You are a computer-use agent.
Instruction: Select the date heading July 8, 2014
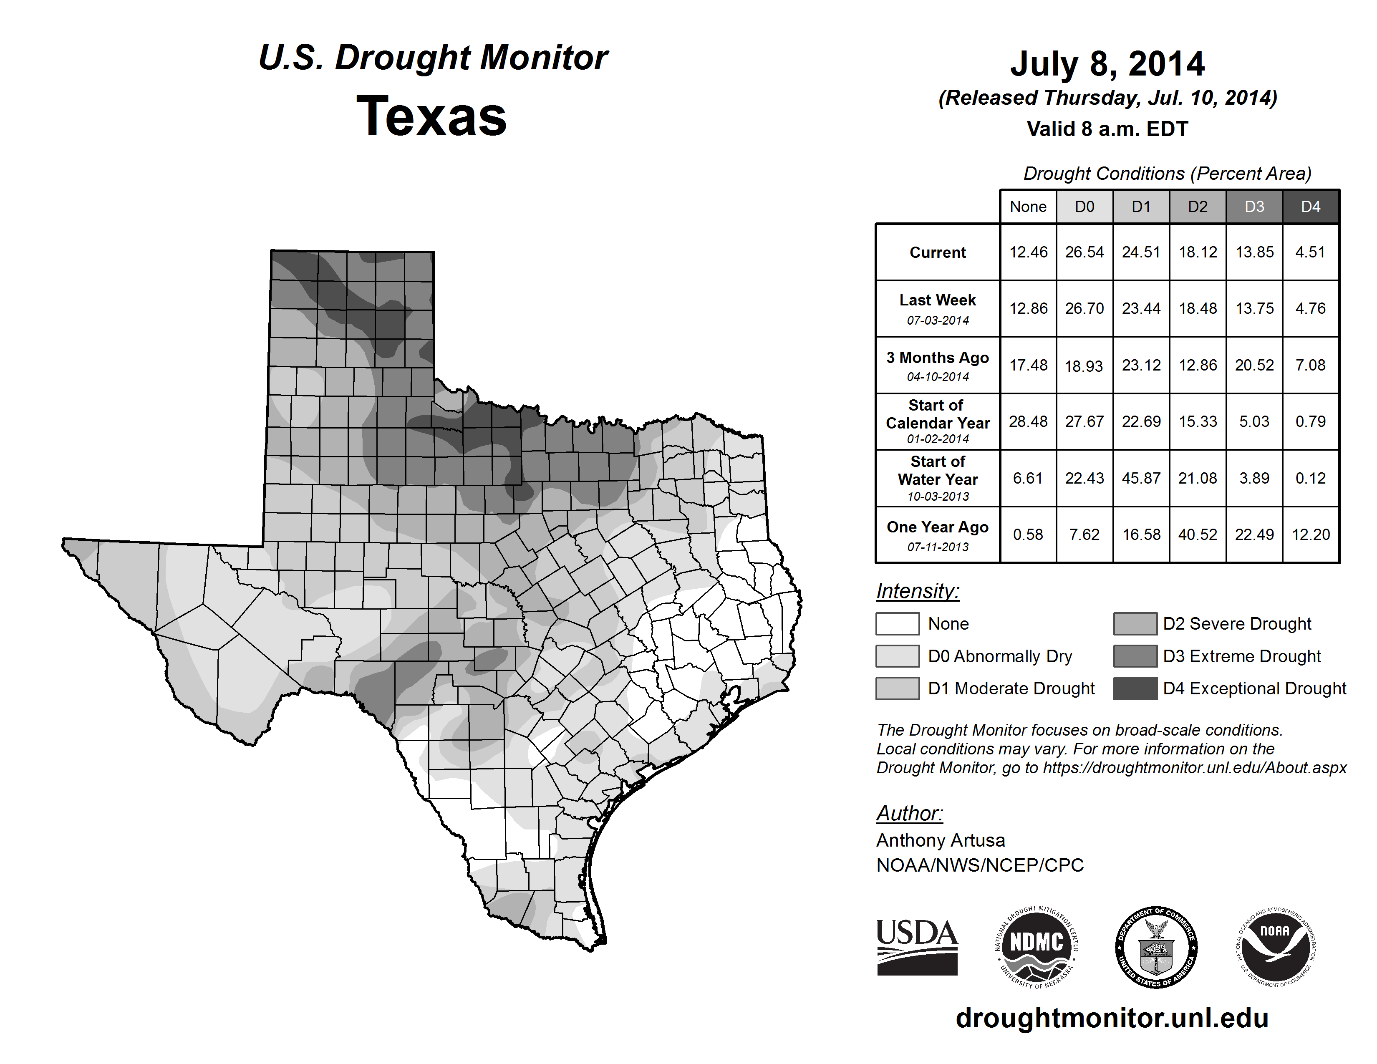click(1107, 64)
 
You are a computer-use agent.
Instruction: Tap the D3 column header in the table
click(1254, 207)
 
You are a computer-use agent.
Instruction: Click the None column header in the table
click(1028, 207)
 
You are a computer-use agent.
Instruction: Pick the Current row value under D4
click(1310, 252)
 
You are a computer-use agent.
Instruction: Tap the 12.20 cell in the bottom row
click(1310, 535)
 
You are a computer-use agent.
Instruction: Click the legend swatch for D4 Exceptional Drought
click(1135, 688)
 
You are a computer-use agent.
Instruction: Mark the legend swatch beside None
click(897, 623)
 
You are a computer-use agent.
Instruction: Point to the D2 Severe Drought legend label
click(1237, 623)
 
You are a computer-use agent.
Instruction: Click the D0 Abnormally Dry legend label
click(1000, 656)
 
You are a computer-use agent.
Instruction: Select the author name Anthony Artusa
click(941, 840)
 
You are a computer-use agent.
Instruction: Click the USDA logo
click(917, 947)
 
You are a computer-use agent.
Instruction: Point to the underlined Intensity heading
click(917, 591)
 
